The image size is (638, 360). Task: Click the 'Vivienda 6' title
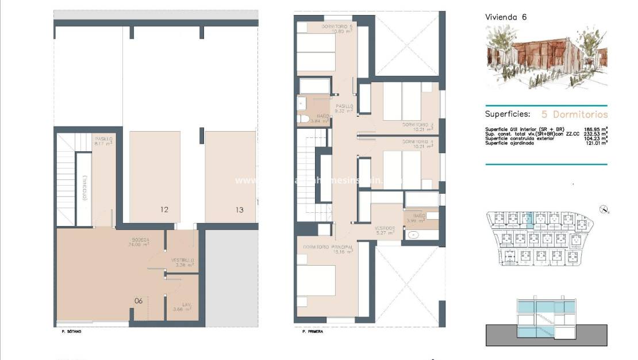tap(506, 17)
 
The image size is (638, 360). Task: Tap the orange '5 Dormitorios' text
tap(574, 114)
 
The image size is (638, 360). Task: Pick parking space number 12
tap(164, 210)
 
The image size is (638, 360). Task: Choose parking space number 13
tap(239, 210)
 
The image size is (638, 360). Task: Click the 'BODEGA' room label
tap(141, 240)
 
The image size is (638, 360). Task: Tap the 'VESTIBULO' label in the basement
tap(182, 261)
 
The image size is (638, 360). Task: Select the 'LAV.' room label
tap(186, 305)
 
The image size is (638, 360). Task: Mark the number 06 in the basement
tap(139, 301)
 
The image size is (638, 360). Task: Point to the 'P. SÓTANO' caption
tap(71, 332)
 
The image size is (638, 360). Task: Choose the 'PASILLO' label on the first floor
tap(344, 106)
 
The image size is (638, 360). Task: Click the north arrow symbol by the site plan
tap(602, 209)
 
